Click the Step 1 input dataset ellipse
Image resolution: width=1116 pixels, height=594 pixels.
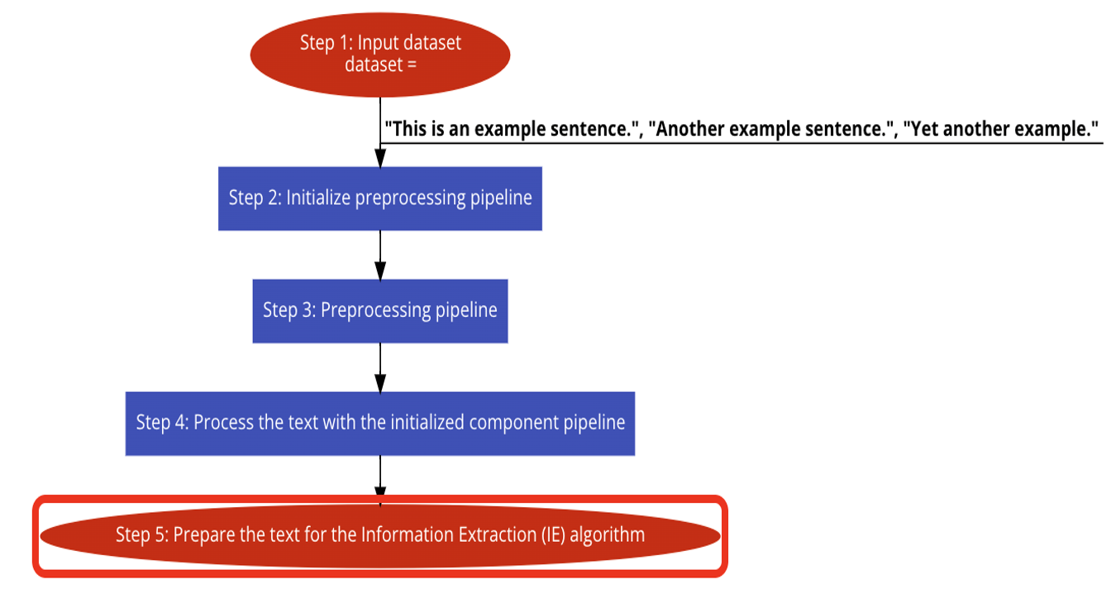click(x=380, y=55)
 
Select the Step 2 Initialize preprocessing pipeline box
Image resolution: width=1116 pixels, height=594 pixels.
click(x=380, y=199)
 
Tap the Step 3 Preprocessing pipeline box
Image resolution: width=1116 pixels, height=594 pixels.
click(x=380, y=311)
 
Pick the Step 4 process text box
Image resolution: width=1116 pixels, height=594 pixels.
click(x=380, y=424)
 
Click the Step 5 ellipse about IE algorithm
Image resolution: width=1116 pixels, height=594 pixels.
click(x=380, y=536)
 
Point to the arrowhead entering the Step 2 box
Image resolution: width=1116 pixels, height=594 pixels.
click(x=380, y=158)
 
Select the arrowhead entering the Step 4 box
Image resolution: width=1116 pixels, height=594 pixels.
click(x=380, y=383)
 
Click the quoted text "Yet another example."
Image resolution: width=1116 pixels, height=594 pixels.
click(x=1001, y=129)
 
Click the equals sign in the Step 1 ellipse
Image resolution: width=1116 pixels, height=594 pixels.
click(x=411, y=65)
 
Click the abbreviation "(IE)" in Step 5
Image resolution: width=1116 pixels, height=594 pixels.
click(x=554, y=535)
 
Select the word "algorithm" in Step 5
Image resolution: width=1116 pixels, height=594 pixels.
click(x=608, y=535)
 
